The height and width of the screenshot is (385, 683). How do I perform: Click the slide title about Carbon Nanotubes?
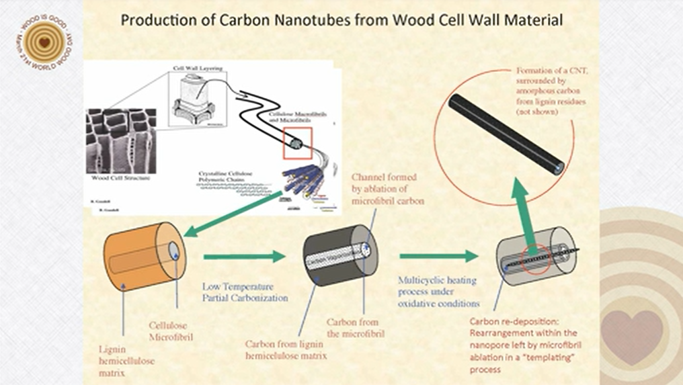pos(341,20)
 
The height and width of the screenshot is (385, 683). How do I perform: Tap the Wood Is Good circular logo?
pos(44,42)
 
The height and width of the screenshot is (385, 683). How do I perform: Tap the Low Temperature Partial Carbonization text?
pos(245,292)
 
